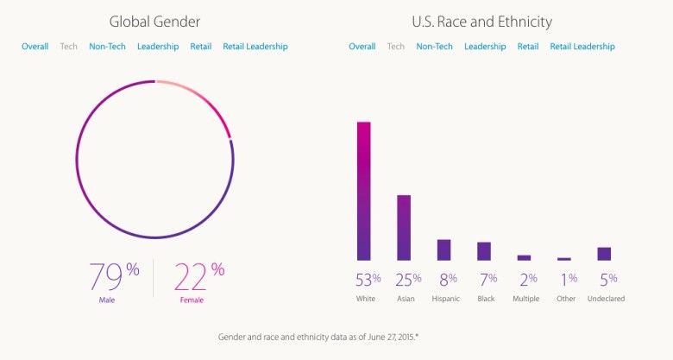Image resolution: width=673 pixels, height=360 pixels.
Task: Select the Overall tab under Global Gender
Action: [x=35, y=47]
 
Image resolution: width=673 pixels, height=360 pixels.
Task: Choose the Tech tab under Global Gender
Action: [x=69, y=47]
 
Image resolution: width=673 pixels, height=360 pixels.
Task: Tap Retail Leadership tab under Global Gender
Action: [x=255, y=47]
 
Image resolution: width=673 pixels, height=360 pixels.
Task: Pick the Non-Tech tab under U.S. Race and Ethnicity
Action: [x=434, y=47]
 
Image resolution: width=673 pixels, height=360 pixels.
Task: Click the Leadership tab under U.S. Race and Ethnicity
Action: [x=485, y=47]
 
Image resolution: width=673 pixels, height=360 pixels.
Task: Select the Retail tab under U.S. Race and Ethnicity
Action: [x=528, y=47]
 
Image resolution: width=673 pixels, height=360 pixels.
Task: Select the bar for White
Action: [x=364, y=190]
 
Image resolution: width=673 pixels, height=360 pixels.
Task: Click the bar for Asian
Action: [x=404, y=227]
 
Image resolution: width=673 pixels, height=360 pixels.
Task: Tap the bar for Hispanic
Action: [x=443, y=249]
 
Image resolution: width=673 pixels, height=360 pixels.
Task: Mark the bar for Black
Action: [x=484, y=250]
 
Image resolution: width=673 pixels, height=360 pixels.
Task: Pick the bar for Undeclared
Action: [x=604, y=253]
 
